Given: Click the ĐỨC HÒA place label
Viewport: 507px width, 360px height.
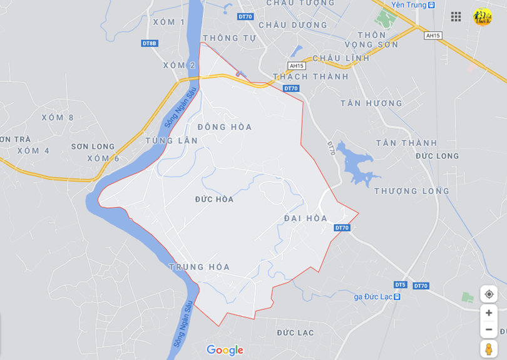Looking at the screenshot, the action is tap(214, 199).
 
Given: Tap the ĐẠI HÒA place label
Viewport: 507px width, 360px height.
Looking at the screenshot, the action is tap(305, 219).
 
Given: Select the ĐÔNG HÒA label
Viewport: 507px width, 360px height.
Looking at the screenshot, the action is tap(225, 127).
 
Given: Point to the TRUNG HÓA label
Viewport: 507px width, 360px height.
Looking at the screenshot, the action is tap(200, 267).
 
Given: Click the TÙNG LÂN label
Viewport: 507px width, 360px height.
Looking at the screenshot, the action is tap(172, 141).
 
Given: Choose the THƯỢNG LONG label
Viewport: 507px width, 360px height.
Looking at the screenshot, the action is tap(412, 191).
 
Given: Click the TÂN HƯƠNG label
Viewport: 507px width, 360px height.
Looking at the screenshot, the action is tap(371, 103).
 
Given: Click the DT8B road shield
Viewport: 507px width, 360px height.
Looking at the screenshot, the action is tap(150, 43).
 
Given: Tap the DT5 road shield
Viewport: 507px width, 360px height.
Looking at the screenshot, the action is tap(401, 285).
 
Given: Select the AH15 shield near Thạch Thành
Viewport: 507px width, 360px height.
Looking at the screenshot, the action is tap(297, 66).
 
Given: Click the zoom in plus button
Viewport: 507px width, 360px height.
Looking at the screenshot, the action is tap(489, 313).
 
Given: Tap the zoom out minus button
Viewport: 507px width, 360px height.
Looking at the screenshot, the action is tap(489, 329).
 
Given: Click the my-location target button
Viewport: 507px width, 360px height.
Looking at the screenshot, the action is tap(489, 294).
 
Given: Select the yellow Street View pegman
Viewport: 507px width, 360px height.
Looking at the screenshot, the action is tap(489, 349).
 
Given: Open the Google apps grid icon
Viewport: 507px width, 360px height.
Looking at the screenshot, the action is tap(456, 17).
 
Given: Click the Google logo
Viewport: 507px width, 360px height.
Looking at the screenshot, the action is tap(225, 350).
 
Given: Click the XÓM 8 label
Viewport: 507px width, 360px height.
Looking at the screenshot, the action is tap(58, 118).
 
